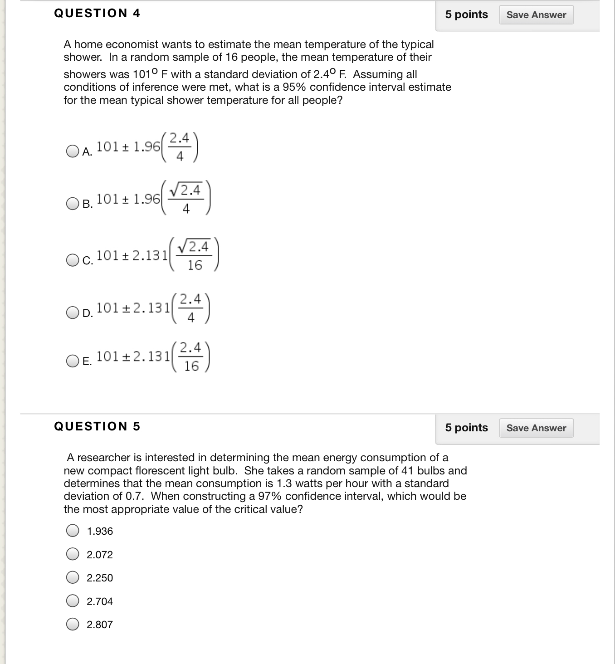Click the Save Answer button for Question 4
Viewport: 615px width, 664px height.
point(536,15)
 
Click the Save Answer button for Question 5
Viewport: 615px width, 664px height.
point(536,428)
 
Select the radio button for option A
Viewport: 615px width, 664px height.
point(73,151)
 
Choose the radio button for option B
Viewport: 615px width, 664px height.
point(73,204)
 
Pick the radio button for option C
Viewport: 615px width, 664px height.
point(73,260)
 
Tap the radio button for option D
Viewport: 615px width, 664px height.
point(73,312)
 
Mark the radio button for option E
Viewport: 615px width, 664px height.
point(73,361)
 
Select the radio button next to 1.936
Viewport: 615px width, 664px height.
point(73,531)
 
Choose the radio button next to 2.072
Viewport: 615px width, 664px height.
point(73,554)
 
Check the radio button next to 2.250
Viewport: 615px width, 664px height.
point(73,577)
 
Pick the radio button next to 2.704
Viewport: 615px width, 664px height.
point(73,601)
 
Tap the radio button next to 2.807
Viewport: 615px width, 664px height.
point(73,625)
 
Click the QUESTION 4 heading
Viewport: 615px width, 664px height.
point(97,13)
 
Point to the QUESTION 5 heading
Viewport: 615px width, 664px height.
point(97,426)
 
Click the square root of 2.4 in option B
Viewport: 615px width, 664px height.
point(185,190)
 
